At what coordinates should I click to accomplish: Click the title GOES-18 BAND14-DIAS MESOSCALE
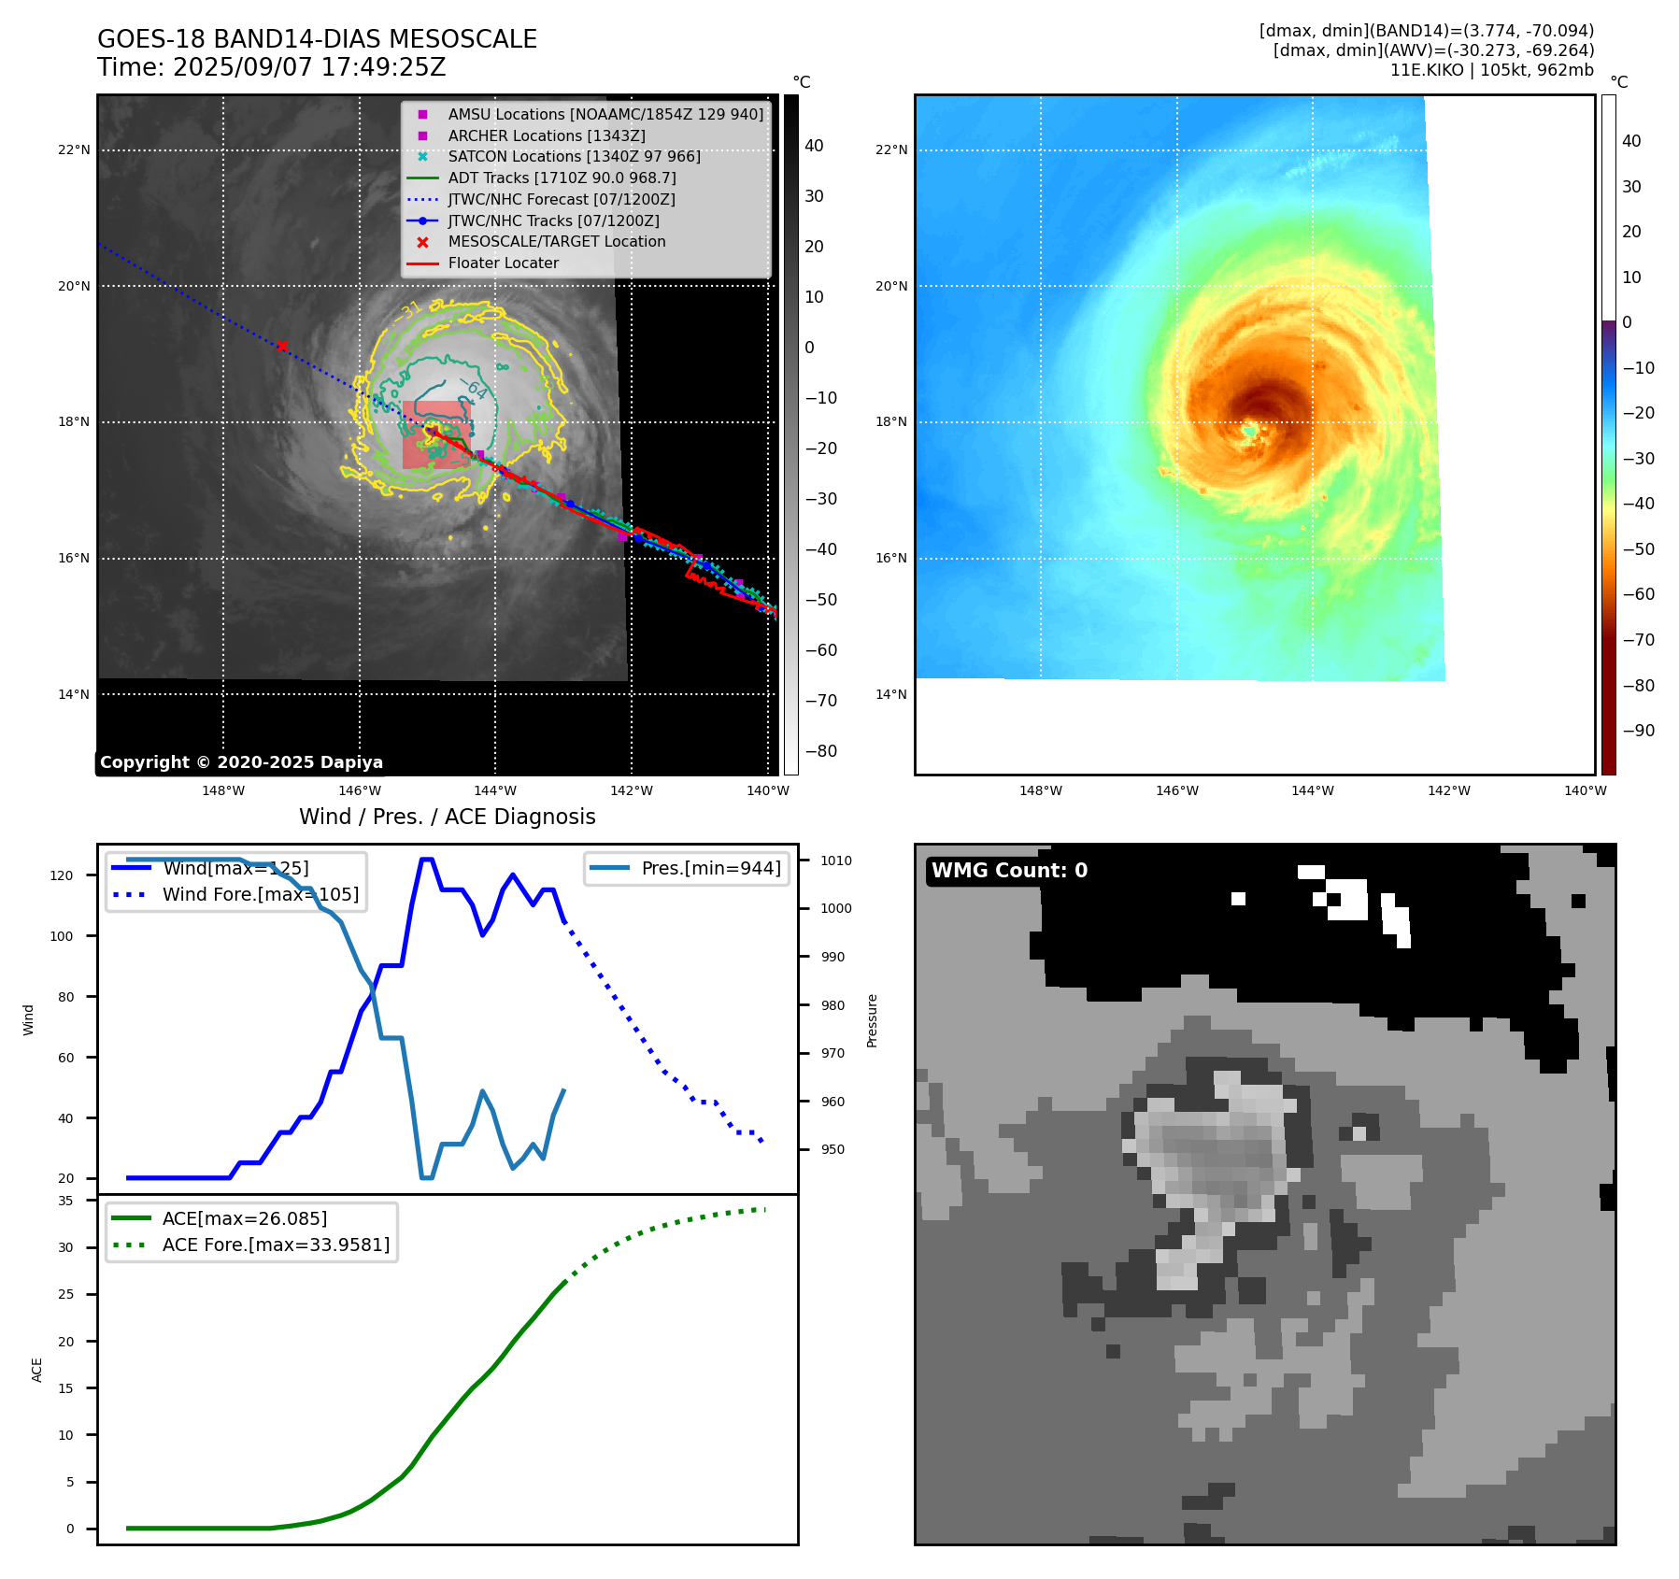[317, 39]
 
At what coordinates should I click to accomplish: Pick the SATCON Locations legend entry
[574, 157]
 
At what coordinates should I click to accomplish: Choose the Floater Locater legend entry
[503, 263]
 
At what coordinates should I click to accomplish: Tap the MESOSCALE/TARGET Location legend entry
[556, 242]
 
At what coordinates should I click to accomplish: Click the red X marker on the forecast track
[282, 347]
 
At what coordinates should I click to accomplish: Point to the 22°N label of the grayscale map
[75, 149]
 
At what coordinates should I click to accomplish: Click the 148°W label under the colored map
[1040, 790]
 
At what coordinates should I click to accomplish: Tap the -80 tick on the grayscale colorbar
[821, 751]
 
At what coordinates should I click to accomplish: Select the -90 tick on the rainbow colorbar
[1638, 731]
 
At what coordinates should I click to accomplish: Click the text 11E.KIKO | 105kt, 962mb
[1491, 70]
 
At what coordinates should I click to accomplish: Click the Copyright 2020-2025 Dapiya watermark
[241, 762]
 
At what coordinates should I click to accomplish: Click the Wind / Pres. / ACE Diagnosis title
[447, 817]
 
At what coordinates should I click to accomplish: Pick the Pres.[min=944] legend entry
[710, 868]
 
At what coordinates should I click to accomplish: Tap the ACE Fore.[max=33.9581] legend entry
[276, 1245]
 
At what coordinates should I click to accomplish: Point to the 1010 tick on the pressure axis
[836, 861]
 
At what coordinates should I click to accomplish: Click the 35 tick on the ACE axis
[65, 1201]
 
